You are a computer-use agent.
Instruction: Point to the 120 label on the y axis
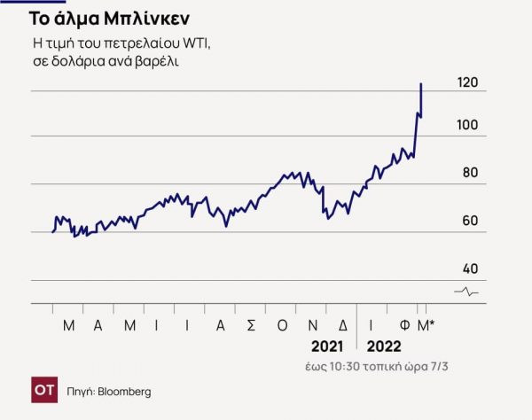tap(468, 82)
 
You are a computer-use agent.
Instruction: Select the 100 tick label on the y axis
tap(467, 125)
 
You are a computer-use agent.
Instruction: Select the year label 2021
tap(327, 346)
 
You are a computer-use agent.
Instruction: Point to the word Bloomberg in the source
tap(124, 391)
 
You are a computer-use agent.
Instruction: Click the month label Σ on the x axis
tap(251, 325)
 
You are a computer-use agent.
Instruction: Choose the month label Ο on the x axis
tap(283, 325)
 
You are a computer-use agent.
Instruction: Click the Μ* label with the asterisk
tap(426, 325)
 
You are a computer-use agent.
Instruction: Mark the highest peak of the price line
tap(420, 83)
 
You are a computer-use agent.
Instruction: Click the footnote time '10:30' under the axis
tap(367, 367)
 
